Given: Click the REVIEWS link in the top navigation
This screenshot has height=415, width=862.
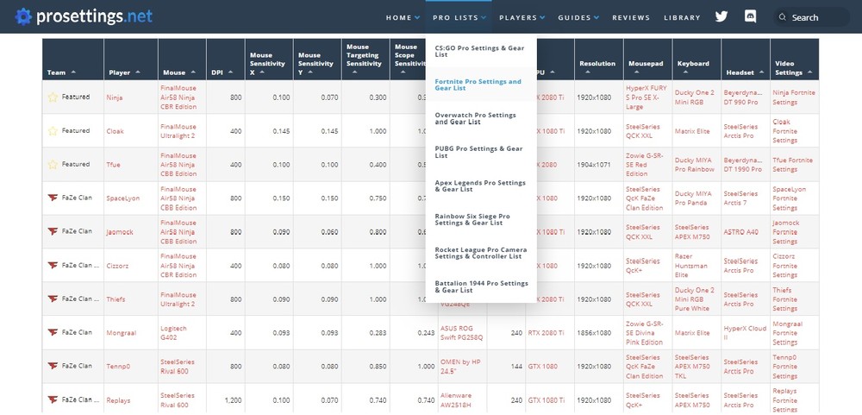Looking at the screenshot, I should [631, 17].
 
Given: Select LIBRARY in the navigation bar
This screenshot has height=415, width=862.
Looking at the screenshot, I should [682, 17].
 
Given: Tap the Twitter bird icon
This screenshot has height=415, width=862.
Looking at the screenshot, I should [721, 16].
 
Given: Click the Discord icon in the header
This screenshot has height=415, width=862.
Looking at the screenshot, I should [750, 16].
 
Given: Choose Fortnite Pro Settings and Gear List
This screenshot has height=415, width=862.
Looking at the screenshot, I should [478, 85].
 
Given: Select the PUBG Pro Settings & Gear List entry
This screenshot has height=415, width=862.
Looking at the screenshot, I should [478, 152].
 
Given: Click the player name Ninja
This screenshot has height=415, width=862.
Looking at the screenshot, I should [115, 97].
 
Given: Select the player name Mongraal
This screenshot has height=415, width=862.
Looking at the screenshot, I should [122, 332].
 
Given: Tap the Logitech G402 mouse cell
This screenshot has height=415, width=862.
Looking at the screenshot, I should [173, 332].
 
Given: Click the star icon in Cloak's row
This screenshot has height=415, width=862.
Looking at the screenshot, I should [53, 131].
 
